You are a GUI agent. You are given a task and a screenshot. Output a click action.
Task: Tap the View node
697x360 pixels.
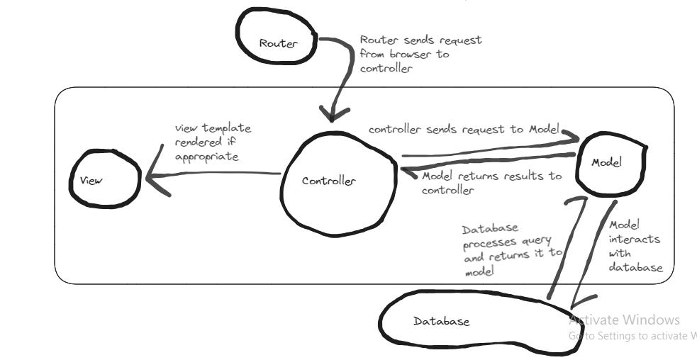[104, 180]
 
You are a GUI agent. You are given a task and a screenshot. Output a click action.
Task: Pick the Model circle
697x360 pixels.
[610, 163]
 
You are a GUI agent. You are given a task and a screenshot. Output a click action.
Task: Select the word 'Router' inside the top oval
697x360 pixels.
[278, 43]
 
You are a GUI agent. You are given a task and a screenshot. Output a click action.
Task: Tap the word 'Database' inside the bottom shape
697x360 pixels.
[441, 321]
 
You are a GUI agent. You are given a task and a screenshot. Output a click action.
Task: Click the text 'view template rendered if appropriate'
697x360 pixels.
[213, 142]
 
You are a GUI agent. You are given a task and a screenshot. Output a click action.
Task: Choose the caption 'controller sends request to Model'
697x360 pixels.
[463, 129]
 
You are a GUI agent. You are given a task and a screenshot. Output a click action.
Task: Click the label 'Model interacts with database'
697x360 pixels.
[635, 244]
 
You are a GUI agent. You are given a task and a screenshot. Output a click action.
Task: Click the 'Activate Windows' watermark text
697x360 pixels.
[624, 320]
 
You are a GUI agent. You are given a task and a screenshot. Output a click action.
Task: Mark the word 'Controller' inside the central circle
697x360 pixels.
[329, 181]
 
